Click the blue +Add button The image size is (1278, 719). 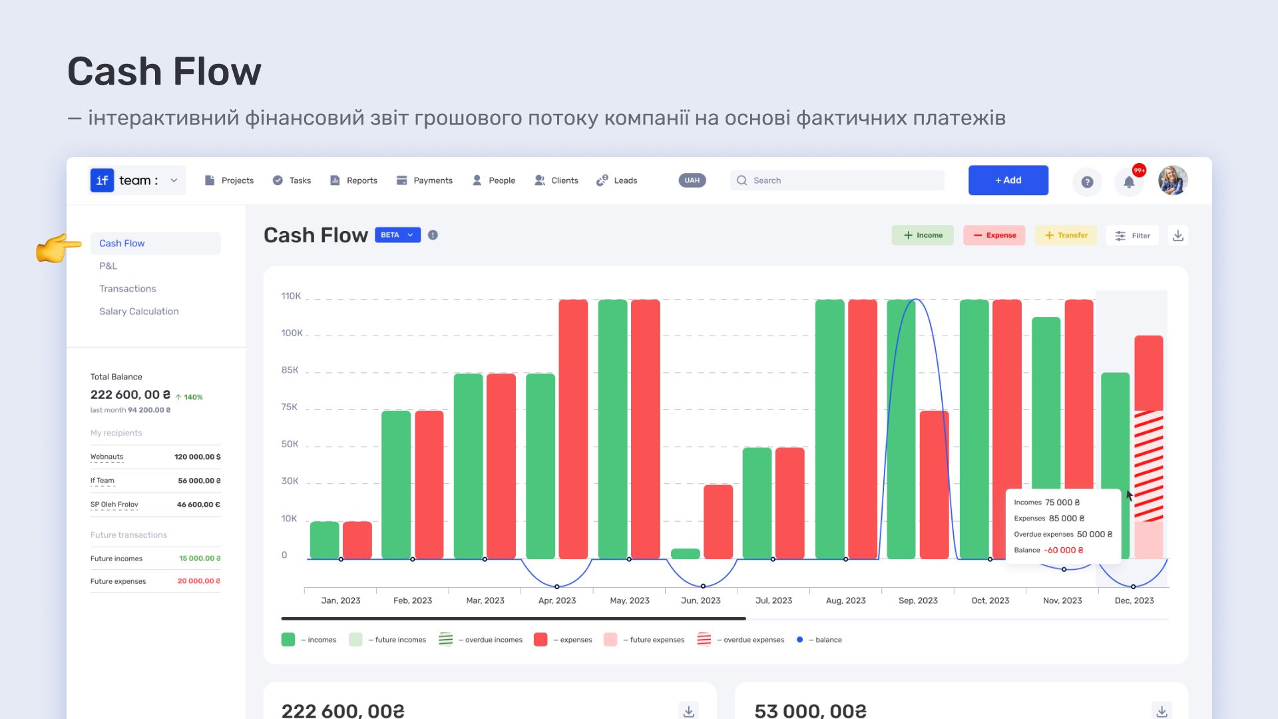tap(1008, 180)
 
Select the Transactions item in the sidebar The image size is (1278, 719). tap(128, 288)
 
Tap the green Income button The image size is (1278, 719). tap(923, 235)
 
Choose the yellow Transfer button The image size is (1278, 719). tap(1066, 235)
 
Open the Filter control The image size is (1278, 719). tap(1132, 235)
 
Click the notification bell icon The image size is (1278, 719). tap(1129, 182)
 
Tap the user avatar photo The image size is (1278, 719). tap(1173, 180)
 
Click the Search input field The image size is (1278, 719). tap(837, 180)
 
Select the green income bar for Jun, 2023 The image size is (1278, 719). tap(685, 554)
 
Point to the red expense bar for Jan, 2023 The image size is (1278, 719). tap(357, 540)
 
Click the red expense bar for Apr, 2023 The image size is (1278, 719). tap(573, 429)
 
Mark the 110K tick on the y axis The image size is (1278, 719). tap(291, 296)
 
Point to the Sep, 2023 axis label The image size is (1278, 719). tap(918, 600)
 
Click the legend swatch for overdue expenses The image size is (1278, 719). tap(704, 640)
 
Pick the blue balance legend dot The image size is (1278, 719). tap(799, 640)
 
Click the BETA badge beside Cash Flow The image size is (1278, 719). tap(397, 235)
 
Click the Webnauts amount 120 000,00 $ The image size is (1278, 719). tap(198, 457)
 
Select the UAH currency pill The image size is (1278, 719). tap(692, 180)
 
